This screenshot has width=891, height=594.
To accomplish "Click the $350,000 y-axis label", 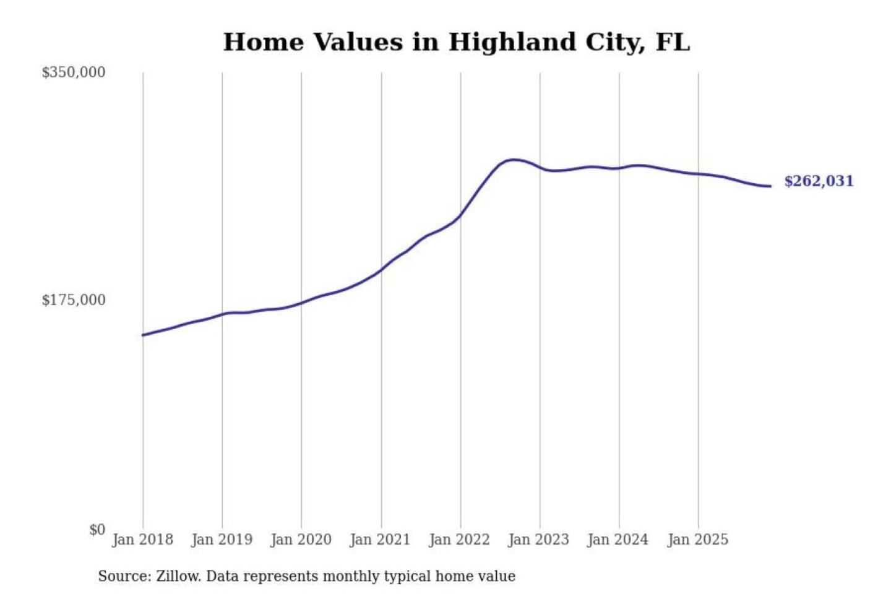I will coord(73,72).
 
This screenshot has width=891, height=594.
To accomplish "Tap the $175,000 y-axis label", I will coord(73,300).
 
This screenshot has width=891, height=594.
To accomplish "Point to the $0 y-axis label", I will coord(97,530).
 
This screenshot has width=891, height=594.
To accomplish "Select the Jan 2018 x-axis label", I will coord(142,540).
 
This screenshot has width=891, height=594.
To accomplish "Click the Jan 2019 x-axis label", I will coord(222,540).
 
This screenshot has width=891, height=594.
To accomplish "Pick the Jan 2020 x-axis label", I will coord(301,540).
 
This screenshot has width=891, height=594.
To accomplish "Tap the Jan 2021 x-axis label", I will coord(380,540).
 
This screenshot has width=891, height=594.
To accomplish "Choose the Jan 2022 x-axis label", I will coord(459,540).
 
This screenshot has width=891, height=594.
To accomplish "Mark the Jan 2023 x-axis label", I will coord(538,540).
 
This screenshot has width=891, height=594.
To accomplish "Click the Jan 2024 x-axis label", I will coord(618,540).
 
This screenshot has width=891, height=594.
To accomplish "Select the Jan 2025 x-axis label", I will coord(697,540).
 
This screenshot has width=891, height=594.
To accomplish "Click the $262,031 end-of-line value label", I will coord(819,181).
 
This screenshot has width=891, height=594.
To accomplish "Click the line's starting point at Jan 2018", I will coord(143,335).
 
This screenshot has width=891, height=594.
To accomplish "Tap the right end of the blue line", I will coord(770,186).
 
